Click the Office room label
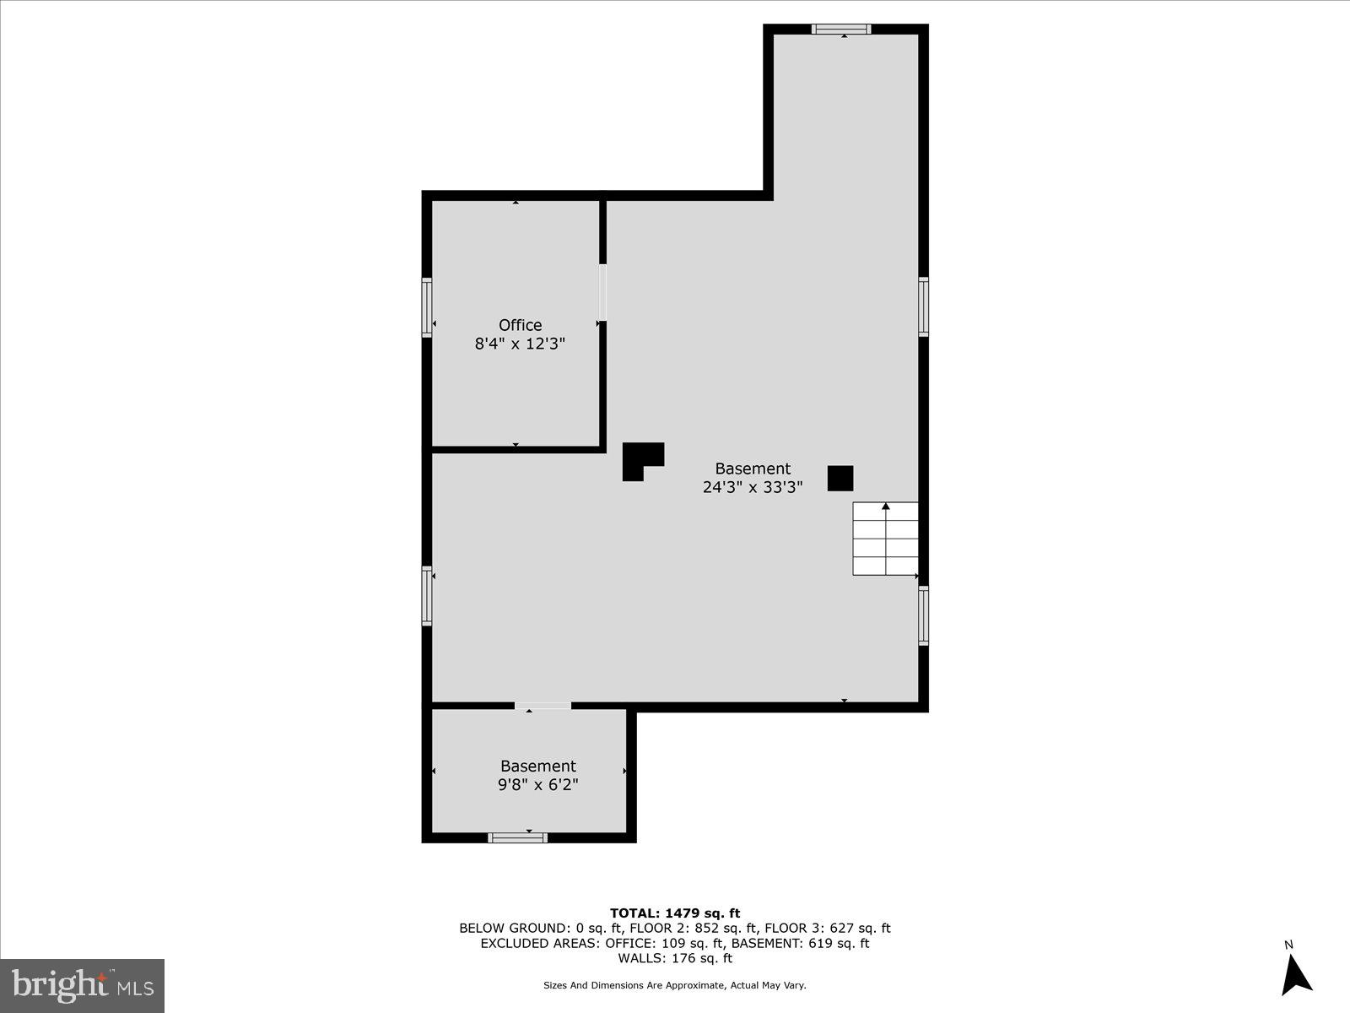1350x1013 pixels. tap(520, 325)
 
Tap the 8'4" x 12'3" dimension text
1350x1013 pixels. tap(520, 344)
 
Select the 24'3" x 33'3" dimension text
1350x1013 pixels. tap(753, 487)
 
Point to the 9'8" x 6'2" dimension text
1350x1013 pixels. tap(537, 785)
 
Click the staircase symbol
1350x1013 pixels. tap(885, 539)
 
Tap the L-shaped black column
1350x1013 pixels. tap(641, 460)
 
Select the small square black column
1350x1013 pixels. tap(840, 479)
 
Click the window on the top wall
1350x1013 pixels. tap(841, 30)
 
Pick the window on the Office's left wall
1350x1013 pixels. tap(427, 308)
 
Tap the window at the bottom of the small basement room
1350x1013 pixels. tap(517, 837)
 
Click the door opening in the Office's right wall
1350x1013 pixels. tap(602, 293)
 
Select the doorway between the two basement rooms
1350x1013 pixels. tap(543, 706)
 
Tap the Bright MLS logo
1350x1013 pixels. tap(82, 985)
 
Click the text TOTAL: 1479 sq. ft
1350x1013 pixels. tap(675, 913)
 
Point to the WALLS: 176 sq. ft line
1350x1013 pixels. tap(675, 958)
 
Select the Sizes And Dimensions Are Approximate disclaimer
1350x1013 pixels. tap(675, 985)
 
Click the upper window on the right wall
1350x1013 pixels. tap(924, 306)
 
